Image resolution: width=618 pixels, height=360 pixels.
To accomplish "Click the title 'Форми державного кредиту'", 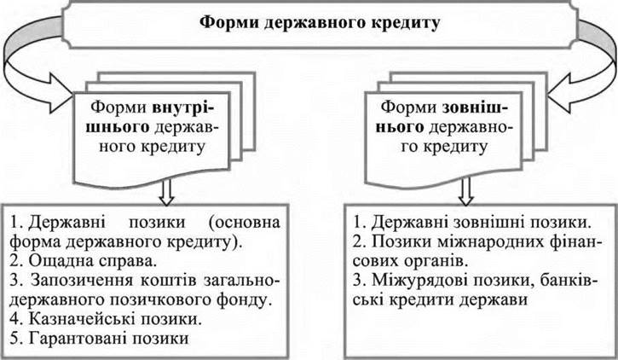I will [x=308, y=22].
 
